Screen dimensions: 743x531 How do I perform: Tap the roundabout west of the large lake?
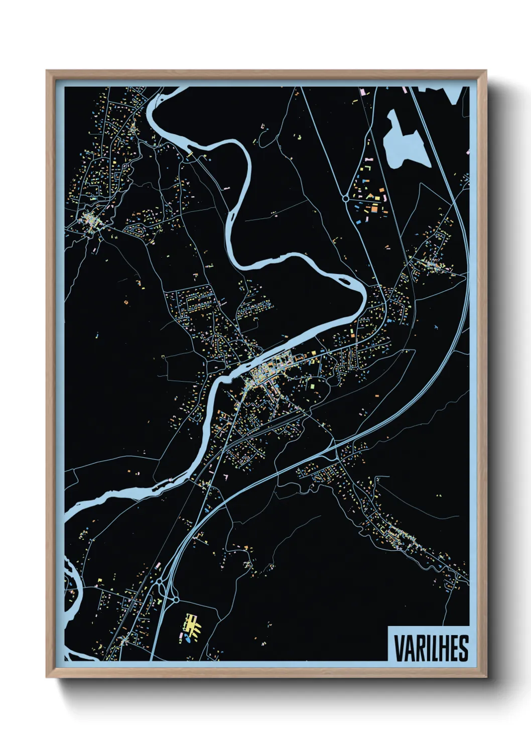click(x=345, y=199)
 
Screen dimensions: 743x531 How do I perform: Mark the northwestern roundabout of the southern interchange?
click(x=160, y=582)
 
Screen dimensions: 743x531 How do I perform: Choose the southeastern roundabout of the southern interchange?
click(x=176, y=600)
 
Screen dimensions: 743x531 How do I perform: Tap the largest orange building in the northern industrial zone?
click(x=374, y=207)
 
